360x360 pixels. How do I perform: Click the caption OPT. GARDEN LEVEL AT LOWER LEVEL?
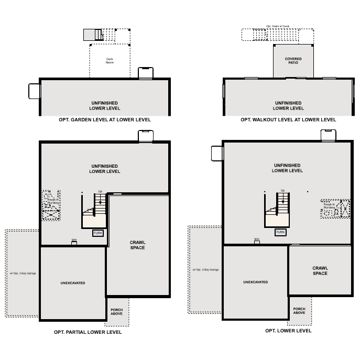coord(105,119)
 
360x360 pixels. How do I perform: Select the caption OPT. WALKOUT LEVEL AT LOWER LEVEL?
coord(288,119)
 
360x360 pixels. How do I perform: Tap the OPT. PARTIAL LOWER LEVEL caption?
coord(88,332)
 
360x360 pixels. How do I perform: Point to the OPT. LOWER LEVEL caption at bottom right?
coord(288,331)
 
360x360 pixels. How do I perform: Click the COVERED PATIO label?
coord(293,61)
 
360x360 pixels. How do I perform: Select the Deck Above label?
coord(110,61)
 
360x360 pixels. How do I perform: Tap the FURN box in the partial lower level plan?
coord(98,233)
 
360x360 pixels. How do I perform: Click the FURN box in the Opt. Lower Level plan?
coord(281,232)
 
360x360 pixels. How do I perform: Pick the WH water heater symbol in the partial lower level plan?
coord(74,242)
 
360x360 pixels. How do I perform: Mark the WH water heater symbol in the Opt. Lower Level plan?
coord(257,240)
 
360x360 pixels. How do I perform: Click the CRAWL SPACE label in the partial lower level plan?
coord(137,245)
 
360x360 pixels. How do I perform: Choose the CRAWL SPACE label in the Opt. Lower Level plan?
coord(320,270)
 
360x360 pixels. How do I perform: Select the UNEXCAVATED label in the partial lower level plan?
coord(72,283)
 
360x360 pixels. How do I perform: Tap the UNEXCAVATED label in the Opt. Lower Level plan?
coord(255,282)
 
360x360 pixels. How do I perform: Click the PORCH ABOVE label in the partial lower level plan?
coord(116,312)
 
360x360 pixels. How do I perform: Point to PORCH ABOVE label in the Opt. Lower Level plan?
coord(299,311)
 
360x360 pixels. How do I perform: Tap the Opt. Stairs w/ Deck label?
coord(277,26)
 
